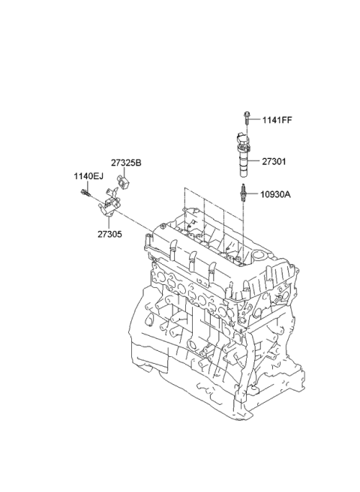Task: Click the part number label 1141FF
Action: coord(277,120)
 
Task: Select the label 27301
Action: coord(274,161)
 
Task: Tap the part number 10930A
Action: coord(275,194)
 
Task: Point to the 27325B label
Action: coord(126,163)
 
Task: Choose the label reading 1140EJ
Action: coord(88,176)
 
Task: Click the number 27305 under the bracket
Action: coord(109,234)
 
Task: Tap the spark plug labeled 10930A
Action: coord(242,192)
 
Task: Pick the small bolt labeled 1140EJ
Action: coord(85,193)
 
